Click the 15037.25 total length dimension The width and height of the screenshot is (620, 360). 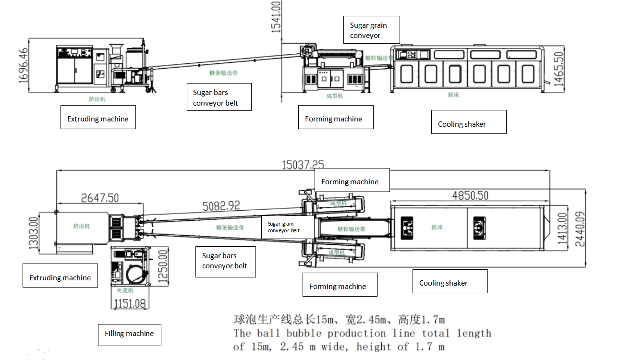click(303, 165)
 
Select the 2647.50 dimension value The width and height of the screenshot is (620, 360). click(100, 198)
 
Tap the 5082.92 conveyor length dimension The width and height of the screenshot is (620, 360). click(221, 206)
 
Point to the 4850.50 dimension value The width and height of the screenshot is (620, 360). click(470, 195)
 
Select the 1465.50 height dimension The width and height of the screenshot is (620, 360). click(558, 69)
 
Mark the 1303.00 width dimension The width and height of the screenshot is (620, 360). click(34, 232)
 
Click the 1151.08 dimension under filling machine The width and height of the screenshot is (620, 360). click(130, 303)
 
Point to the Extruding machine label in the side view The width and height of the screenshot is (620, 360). click(98, 119)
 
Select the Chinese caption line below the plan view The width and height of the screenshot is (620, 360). click(339, 320)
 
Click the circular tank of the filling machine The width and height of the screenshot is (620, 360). click(136, 275)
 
